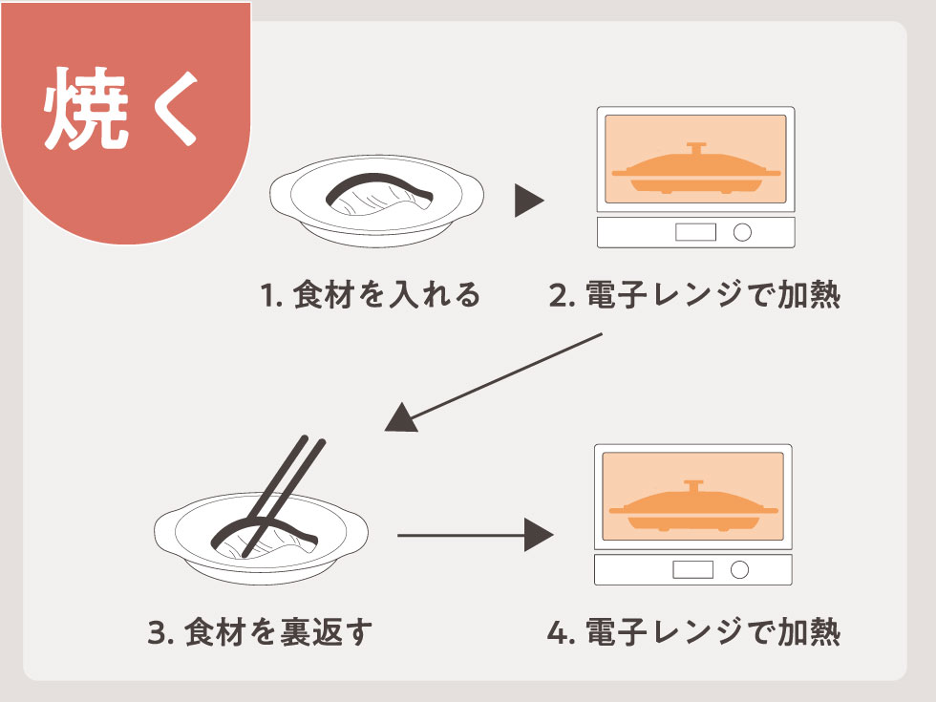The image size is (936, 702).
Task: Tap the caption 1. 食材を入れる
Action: pos(371,295)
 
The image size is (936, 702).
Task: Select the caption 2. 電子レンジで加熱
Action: pos(694,295)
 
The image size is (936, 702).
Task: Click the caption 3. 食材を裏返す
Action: pos(260,632)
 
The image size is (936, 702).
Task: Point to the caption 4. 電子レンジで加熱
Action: pos(694,632)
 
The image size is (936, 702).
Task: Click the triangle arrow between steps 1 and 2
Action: pos(528,201)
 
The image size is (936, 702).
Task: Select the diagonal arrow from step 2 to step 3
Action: pos(497,382)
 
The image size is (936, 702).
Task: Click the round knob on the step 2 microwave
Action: pos(741,232)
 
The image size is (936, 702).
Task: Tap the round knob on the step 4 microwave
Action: pos(739,570)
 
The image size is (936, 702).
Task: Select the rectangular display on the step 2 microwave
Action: pos(695,232)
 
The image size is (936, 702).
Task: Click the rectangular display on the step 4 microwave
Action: pos(692,570)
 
